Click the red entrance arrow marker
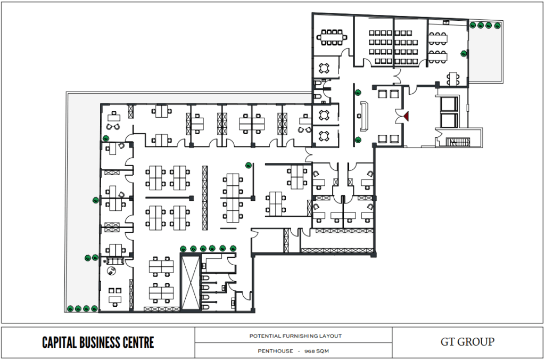point(406,116)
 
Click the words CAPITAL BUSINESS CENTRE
point(98,342)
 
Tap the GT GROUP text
point(467,342)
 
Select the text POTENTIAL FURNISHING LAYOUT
point(295,336)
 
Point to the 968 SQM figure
point(316,351)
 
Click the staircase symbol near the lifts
point(458,142)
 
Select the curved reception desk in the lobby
point(364,117)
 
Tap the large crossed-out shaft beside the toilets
point(191,282)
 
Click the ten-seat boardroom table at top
point(332,37)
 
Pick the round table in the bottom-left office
point(111,271)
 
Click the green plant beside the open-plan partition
point(249,166)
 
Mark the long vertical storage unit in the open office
point(205,198)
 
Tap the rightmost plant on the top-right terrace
point(498,26)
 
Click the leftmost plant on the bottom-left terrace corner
point(70,308)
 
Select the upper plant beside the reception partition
point(358,93)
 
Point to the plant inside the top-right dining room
point(464,54)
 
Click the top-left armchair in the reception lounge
point(382,94)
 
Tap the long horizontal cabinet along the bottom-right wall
point(336,250)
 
